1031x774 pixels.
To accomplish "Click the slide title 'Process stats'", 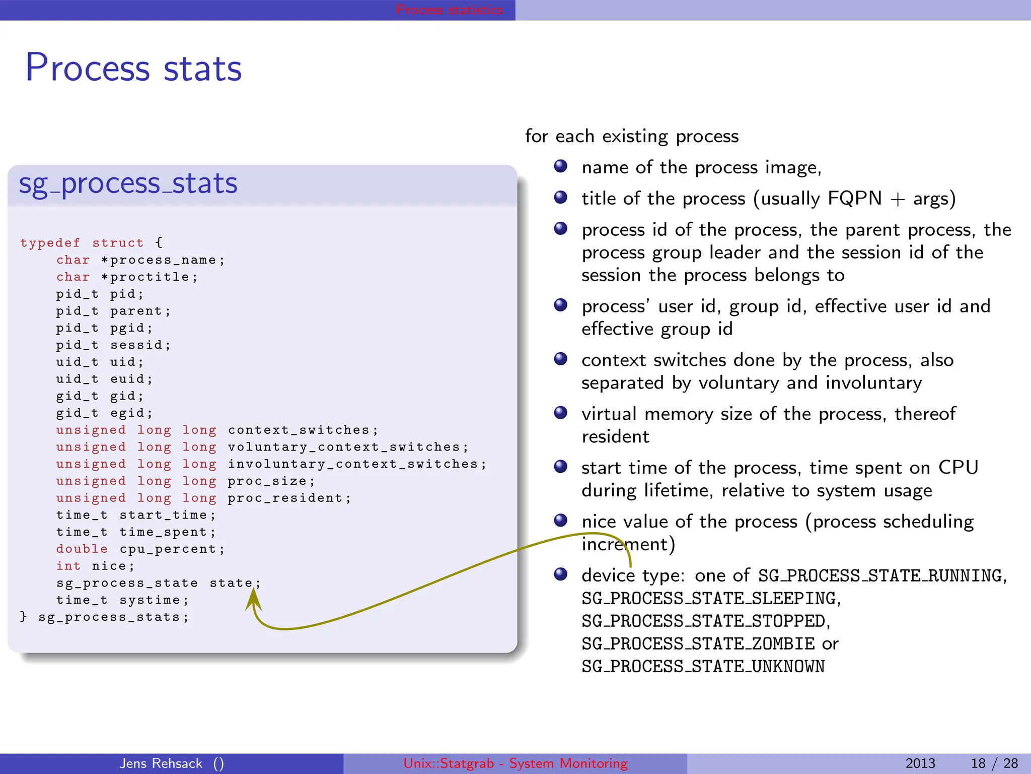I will tap(133, 68).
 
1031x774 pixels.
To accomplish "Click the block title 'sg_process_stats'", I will tap(128, 183).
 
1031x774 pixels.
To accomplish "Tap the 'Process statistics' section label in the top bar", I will tap(449, 10).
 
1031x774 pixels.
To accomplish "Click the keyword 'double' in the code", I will tap(82, 549).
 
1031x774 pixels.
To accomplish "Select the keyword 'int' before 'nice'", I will tap(68, 566).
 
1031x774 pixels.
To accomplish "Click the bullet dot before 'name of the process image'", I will tap(560, 166).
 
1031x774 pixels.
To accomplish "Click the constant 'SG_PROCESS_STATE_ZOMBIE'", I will tap(698, 644).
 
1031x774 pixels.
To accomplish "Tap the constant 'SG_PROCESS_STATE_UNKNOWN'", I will tap(703, 667).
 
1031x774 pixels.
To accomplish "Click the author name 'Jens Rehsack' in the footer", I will tap(161, 763).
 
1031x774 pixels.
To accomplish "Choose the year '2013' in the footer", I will tap(920, 763).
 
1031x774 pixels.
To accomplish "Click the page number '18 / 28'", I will tap(994, 763).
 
